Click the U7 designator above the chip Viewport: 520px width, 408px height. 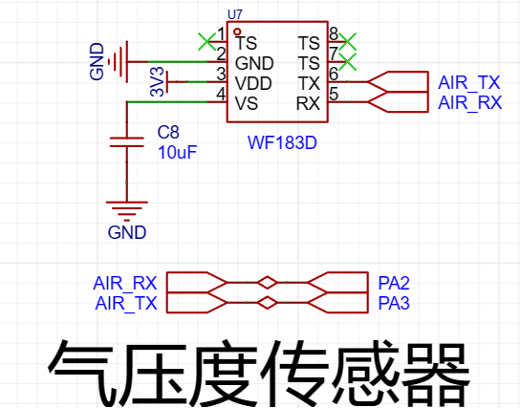235,14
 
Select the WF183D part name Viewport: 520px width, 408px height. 282,143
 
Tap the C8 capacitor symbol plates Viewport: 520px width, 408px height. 127,141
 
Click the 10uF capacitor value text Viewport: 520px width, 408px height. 177,153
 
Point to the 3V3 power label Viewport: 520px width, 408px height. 157,81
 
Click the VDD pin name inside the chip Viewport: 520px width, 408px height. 253,83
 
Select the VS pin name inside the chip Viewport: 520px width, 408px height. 247,103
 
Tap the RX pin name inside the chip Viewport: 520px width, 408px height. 308,103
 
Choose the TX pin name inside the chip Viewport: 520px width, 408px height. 309,83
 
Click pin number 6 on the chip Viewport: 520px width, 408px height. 334,74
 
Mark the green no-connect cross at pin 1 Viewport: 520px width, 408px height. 206,41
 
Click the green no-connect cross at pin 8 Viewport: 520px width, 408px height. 348,41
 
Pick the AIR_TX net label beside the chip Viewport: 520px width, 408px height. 469,82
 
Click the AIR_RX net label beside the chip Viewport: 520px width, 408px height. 469,102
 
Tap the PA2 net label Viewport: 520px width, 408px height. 394,283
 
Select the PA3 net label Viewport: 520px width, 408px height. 394,303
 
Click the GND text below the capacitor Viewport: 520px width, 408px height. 127,232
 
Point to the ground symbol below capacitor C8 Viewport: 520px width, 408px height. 127,211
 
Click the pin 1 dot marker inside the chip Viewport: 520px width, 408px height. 237,32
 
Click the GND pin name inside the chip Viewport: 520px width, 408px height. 254,63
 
